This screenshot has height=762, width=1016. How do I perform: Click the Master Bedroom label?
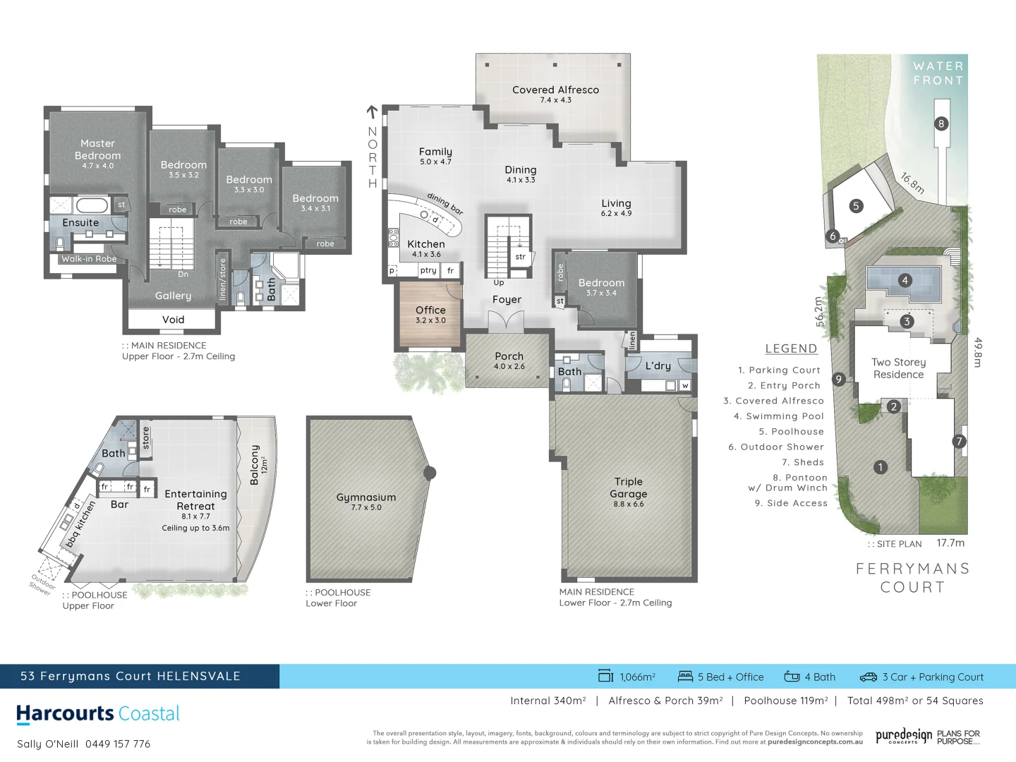coord(97,150)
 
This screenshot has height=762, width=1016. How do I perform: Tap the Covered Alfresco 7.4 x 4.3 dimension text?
coord(555,100)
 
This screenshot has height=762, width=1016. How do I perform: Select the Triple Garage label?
coord(628,488)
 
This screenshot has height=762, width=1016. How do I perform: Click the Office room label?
coord(430,310)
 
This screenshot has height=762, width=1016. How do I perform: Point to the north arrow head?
coord(372,110)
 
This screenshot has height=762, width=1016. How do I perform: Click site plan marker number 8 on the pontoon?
coord(941,123)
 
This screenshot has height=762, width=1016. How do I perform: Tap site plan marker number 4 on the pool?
coord(905,280)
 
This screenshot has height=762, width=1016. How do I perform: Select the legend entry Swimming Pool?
coord(778,416)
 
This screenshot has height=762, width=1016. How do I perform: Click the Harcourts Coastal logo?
coord(98,713)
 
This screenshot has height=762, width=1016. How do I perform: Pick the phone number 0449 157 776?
coord(118,744)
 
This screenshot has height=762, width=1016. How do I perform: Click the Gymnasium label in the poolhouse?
coord(365,497)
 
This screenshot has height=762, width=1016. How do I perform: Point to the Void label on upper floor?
coord(173,320)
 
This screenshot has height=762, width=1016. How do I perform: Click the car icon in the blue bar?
coord(868,677)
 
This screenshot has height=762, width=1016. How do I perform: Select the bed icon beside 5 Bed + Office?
coord(685,677)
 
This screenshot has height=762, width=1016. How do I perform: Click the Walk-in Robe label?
coord(89,259)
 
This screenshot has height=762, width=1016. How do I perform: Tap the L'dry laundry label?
coord(658,365)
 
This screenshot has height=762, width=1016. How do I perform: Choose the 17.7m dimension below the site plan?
coord(950,543)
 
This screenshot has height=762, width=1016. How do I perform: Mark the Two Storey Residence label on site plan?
coord(898,368)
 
